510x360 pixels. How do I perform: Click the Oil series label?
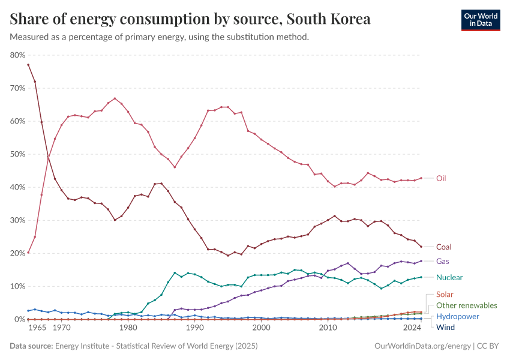click(x=441, y=178)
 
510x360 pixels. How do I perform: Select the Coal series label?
click(x=443, y=247)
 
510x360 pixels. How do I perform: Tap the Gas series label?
click(x=442, y=261)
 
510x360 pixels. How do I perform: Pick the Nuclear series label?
click(x=449, y=277)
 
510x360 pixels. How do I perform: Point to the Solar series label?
click(x=445, y=295)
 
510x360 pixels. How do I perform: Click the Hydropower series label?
click(x=457, y=316)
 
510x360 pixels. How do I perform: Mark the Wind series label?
click(x=445, y=327)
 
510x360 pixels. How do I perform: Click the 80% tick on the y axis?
click(x=17, y=55)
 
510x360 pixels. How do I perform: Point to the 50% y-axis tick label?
click(x=17, y=154)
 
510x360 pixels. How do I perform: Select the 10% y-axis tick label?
click(x=17, y=286)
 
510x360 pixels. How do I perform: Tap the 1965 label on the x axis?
click(x=38, y=328)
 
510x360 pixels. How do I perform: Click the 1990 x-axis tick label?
click(x=194, y=328)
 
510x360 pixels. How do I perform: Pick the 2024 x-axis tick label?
click(x=412, y=328)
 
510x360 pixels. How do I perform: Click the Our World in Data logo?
click(x=481, y=20)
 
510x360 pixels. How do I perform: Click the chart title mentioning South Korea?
click(x=190, y=19)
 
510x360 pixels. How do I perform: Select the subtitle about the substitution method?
click(x=160, y=37)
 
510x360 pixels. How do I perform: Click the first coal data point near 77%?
click(x=28, y=65)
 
